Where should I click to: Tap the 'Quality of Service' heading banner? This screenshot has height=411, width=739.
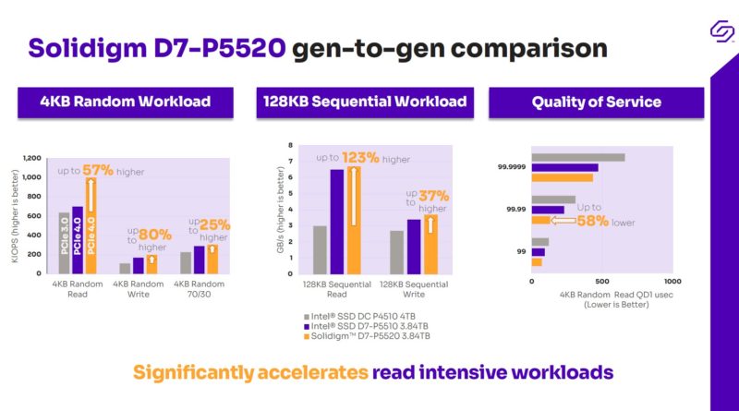596,102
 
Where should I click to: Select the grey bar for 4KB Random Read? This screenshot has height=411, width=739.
64,243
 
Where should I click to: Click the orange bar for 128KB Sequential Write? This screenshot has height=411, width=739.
430,245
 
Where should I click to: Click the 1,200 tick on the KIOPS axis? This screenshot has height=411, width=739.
31,157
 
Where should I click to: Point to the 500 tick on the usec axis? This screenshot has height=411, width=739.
601,281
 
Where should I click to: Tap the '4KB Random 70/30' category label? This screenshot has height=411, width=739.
199,289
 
